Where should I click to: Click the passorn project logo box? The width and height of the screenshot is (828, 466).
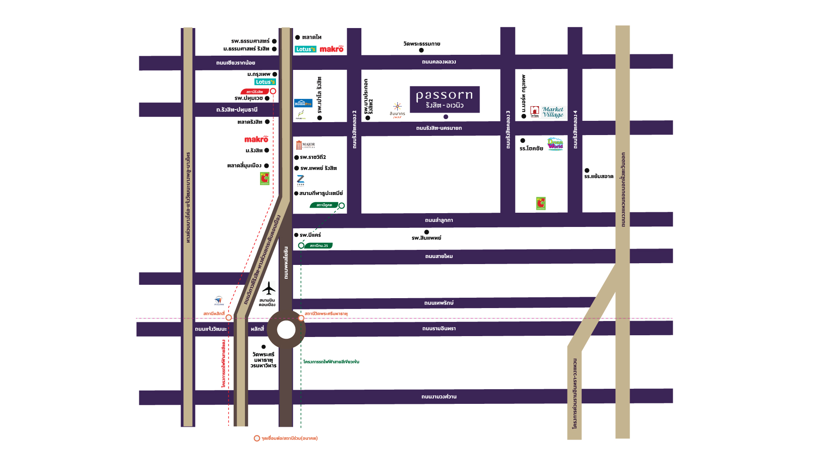click(444, 99)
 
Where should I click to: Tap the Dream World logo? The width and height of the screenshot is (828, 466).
click(555, 144)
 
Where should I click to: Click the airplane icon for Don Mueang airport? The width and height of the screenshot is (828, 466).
click(269, 288)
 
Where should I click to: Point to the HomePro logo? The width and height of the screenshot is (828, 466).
click(303, 104)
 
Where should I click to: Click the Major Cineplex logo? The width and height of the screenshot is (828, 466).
click(306, 145)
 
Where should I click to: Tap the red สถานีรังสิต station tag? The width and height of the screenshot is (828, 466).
click(254, 91)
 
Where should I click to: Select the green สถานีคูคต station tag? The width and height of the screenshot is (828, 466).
click(324, 205)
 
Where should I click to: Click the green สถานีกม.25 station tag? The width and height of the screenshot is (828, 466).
click(319, 246)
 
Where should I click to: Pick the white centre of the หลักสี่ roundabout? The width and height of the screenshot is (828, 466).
click(286, 330)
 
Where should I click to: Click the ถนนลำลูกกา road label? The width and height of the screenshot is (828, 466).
click(439, 220)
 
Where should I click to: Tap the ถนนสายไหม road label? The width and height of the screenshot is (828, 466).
click(439, 256)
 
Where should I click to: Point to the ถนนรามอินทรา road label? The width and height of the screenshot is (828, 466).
click(439, 329)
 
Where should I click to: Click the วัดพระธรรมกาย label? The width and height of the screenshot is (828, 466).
click(421, 44)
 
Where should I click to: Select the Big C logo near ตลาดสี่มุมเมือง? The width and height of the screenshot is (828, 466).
click(264, 179)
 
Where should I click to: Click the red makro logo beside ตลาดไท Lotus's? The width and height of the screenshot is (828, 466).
click(331, 49)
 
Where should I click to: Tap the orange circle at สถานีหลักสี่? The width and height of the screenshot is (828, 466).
click(229, 318)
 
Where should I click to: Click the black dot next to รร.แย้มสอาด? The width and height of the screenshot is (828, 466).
click(586, 170)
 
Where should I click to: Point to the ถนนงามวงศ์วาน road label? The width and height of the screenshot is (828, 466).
click(439, 397)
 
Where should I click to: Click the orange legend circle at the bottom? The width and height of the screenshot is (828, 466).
click(257, 438)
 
